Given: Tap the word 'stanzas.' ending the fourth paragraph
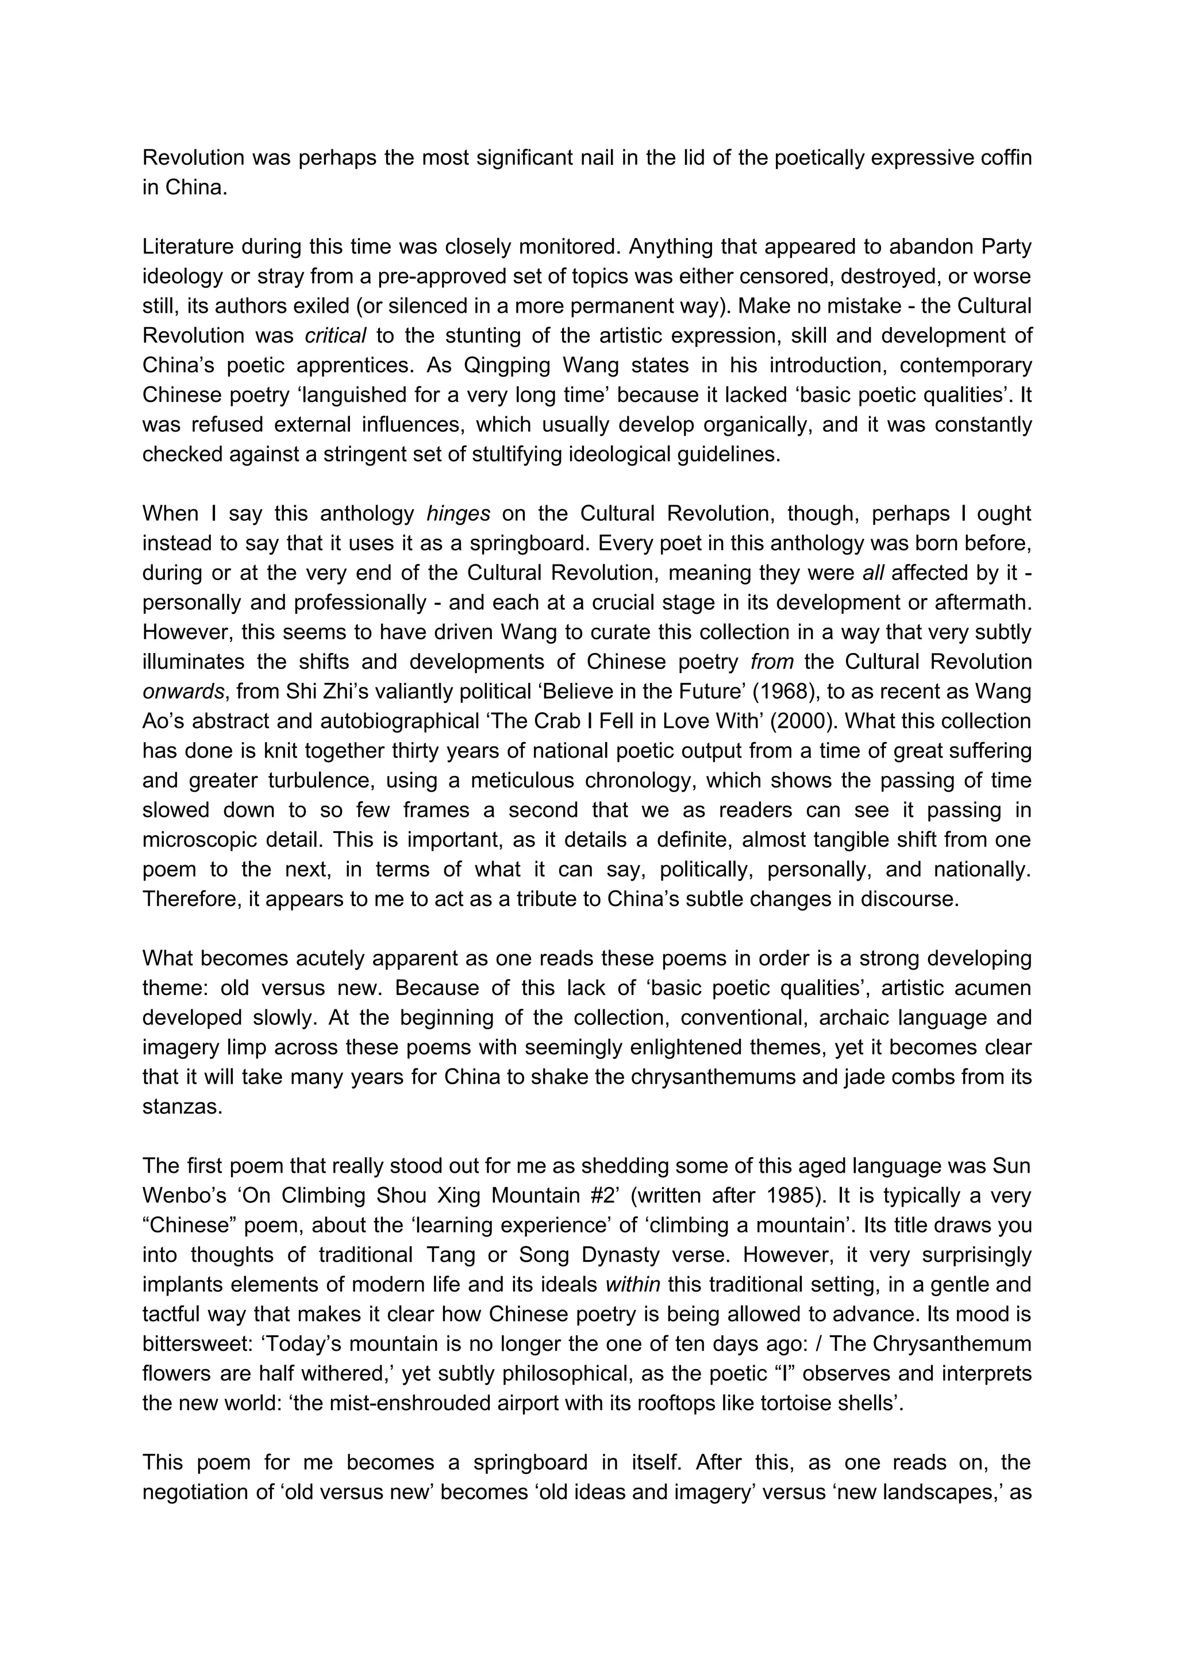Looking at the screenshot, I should (182, 1107).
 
